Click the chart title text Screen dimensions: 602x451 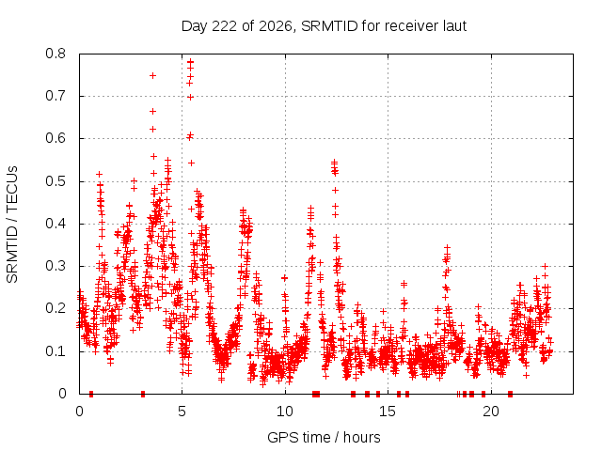coord(324,26)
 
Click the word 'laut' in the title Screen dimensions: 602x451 coord(454,26)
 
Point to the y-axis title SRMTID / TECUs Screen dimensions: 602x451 coord(12,225)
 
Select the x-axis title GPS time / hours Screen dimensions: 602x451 coord(324,437)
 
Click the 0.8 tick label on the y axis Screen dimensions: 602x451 coord(55,54)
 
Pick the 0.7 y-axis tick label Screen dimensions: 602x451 coord(55,96)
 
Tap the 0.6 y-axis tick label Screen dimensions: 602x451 coord(55,138)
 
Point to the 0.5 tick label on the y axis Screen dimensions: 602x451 coord(55,181)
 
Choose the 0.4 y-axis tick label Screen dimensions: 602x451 coord(55,224)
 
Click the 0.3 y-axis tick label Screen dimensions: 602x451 coord(55,266)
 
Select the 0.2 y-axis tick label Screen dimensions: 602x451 coord(55,309)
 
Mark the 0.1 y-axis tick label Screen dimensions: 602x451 coord(55,351)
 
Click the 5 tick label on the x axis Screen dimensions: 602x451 coord(182,412)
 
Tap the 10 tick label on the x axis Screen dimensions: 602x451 coord(285,412)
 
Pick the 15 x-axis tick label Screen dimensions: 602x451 coord(388,412)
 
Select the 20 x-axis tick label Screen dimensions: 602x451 coord(491,412)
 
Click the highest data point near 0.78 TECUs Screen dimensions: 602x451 coord(190,61)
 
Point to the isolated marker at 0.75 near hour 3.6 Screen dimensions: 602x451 coord(152,75)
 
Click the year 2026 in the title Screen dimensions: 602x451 coord(276,26)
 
